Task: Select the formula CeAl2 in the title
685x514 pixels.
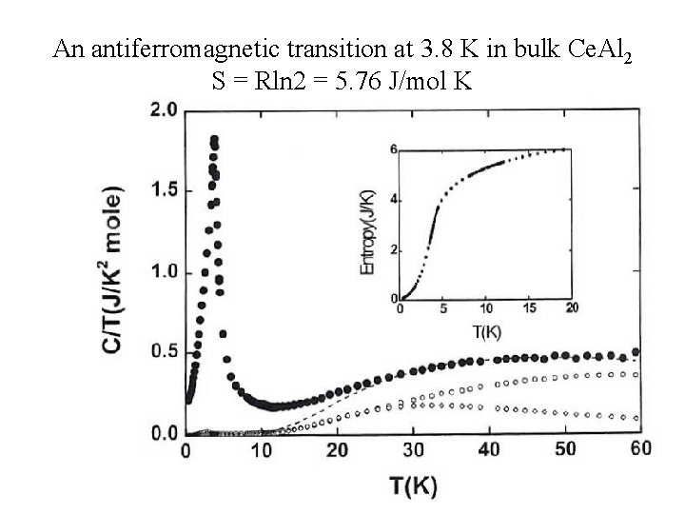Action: coord(592,49)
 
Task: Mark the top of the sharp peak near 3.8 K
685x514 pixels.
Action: coord(214,140)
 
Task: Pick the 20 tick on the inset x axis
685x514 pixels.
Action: coord(570,309)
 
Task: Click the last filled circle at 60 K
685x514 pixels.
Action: coord(636,352)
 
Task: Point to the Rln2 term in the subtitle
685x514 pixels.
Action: coord(277,80)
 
